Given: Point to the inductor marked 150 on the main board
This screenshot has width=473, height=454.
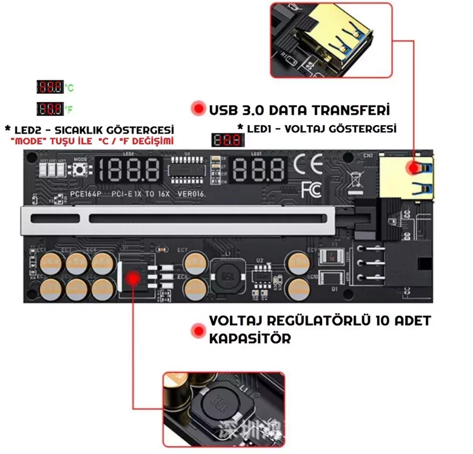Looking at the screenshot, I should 229,274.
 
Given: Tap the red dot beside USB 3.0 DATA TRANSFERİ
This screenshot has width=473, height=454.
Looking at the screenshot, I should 198,109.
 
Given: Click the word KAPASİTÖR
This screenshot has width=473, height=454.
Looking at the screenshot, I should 249,338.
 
